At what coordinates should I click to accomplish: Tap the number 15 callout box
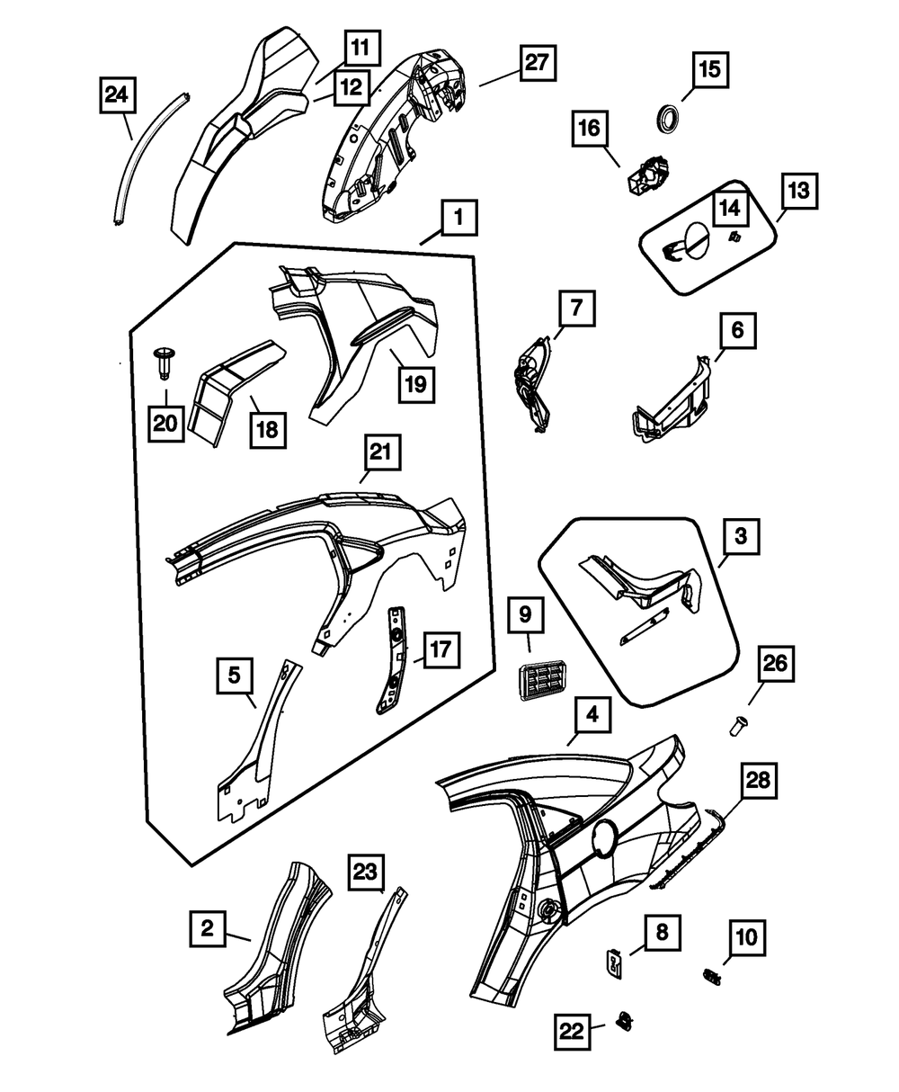710,70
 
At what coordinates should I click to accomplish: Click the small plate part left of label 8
611,964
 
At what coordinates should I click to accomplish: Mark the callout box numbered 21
378,457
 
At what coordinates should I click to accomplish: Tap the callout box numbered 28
759,783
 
